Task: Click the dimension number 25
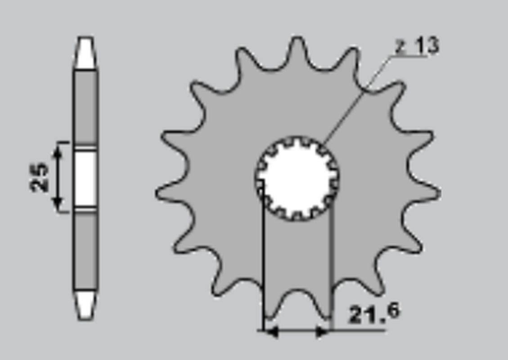click(39, 177)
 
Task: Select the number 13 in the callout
click(426, 46)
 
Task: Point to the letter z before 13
click(400, 47)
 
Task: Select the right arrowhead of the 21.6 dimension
click(323, 332)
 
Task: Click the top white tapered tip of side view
click(85, 53)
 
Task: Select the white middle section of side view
click(85, 178)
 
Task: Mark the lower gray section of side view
click(85, 252)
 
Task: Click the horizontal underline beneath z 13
click(412, 57)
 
